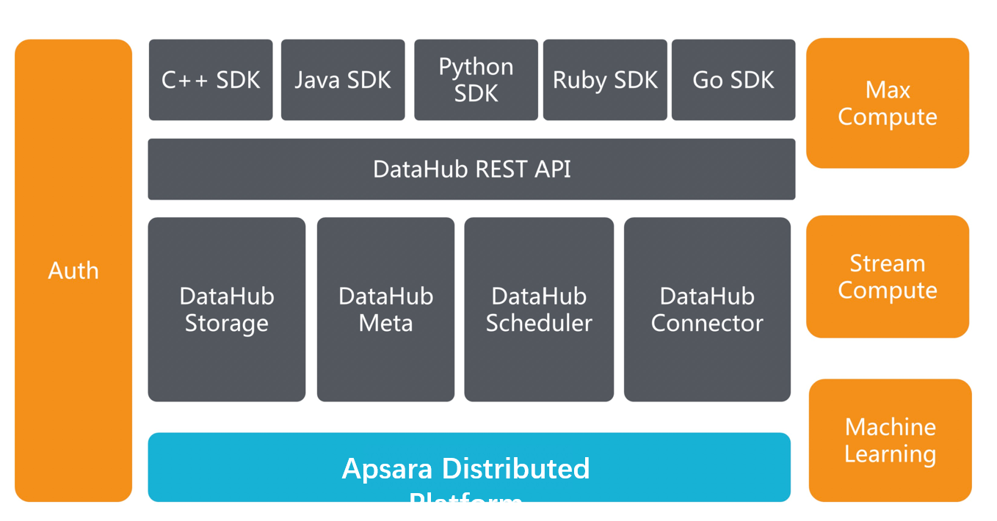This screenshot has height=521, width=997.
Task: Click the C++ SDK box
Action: coord(211,80)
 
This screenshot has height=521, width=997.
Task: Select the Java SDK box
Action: coord(343,80)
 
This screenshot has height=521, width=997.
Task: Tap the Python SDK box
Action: coord(476,80)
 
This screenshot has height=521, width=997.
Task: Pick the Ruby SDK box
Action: coord(605,80)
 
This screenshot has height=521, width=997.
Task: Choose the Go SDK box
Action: coord(733,80)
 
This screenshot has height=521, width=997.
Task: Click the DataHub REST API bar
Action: coord(471,170)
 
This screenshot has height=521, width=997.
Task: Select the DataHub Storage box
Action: coord(226,310)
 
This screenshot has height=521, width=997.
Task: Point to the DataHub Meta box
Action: coord(385,310)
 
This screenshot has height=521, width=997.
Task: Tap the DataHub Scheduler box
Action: coord(539,310)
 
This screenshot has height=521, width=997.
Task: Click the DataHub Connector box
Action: coord(707,310)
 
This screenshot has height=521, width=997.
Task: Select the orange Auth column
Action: coord(73,271)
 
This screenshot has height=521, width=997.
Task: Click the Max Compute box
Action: coord(887,103)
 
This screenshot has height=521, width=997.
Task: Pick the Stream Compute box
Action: coord(887,277)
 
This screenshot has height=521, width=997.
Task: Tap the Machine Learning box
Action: coord(890,440)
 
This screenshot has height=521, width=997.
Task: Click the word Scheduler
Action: coord(539,324)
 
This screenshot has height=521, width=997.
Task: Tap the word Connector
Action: coord(707,324)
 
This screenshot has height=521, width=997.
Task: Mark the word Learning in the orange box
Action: coord(890,454)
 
